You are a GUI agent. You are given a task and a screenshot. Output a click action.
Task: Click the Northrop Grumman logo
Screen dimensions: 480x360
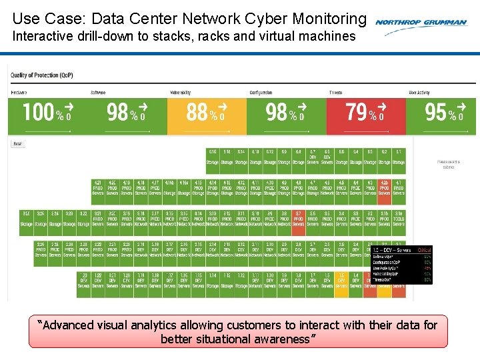[x=421, y=22]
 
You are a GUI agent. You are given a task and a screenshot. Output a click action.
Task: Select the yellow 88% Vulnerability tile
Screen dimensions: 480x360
[x=206, y=114]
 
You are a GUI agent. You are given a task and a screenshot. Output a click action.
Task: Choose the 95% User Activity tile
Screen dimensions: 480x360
[x=444, y=114]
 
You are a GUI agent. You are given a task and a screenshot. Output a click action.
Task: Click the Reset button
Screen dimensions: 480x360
[x=18, y=143]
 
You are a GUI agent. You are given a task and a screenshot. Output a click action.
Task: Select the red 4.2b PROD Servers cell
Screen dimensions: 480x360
[x=384, y=191]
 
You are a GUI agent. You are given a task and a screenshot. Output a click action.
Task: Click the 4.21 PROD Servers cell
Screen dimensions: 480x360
[x=98, y=191]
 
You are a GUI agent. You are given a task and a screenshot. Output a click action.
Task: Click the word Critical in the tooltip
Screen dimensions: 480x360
[x=425, y=249]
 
